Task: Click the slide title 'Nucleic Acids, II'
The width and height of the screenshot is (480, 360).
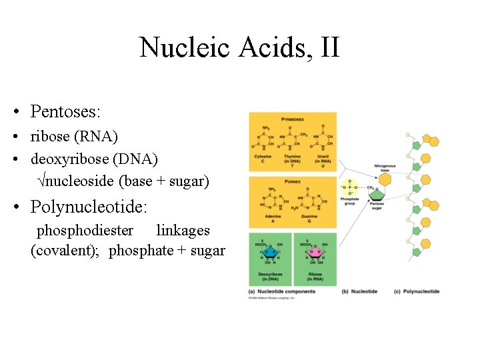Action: click(239, 48)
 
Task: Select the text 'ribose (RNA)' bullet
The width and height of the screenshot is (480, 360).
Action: click(74, 137)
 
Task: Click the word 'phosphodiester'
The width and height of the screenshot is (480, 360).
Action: click(85, 231)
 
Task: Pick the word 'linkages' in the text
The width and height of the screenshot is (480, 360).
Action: click(183, 231)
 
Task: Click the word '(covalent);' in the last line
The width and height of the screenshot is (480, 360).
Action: click(65, 251)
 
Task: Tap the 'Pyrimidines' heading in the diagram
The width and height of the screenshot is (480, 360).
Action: click(292, 119)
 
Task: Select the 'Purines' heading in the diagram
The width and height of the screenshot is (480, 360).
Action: click(292, 183)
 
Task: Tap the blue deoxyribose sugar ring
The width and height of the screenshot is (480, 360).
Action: click(271, 253)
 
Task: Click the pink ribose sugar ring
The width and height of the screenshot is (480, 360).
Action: click(315, 253)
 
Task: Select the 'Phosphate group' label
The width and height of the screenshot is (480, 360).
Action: click(349, 201)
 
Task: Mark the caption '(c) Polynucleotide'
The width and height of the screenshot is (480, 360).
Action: click(417, 291)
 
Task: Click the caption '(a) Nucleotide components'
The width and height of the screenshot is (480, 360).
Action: click(282, 291)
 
